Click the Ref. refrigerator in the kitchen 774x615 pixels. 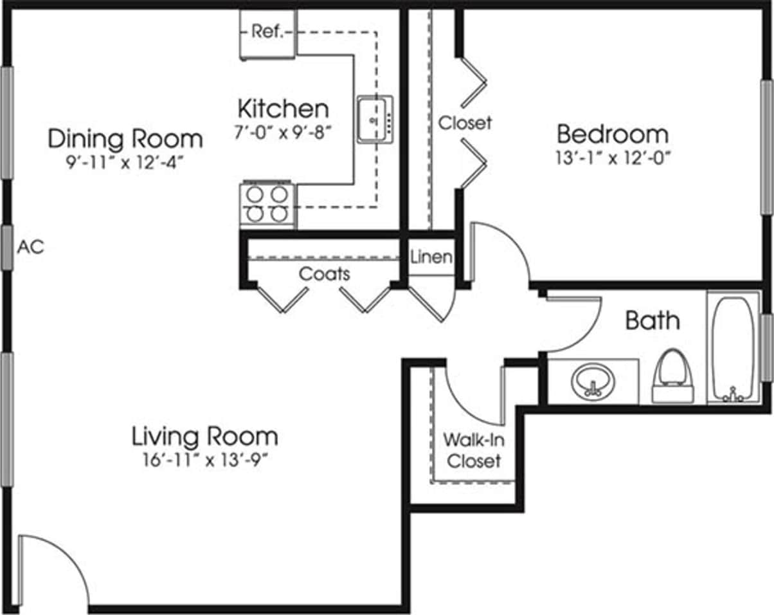267,33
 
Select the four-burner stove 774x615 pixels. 267,203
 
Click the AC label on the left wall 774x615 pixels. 30,246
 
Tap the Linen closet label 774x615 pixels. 431,257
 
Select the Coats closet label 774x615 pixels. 324,274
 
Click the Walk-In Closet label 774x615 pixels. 473,450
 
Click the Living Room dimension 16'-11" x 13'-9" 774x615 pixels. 204,460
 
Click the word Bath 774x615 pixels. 652,320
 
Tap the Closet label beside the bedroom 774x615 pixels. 465,122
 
